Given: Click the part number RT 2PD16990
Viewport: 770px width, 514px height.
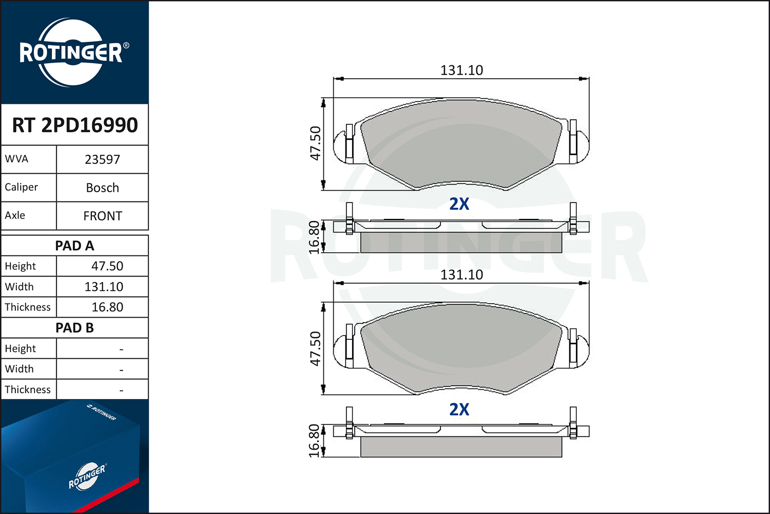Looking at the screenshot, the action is pos(75,125).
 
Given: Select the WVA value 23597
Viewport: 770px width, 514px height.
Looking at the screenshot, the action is pos(103,159).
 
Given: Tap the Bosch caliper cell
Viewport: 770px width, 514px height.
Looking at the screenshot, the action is pos(103,188).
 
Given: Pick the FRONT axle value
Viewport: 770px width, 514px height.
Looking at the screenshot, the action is pos(103,216).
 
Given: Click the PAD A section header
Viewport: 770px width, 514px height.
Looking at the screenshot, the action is pos(74,246).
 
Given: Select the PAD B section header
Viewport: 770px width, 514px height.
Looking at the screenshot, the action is pos(74,328).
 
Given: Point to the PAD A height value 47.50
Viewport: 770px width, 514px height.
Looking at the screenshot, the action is pos(107,266).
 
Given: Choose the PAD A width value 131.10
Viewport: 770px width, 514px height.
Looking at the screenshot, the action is pos(104,287).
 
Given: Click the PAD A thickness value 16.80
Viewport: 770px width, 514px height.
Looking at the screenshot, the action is pos(107,307).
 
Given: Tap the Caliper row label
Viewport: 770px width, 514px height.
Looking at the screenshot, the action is pos(22,187).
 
